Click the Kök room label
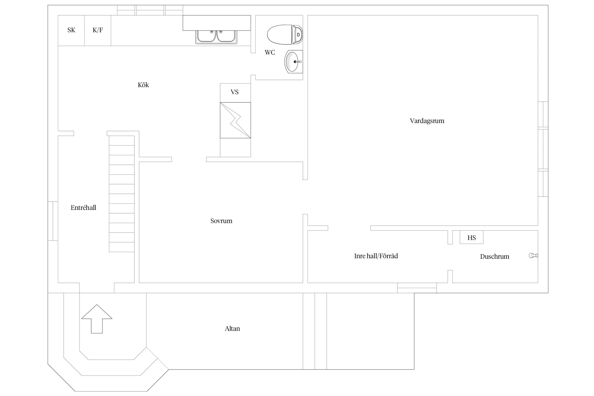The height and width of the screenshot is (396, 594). (143, 85)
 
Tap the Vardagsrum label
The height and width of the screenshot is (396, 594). (427, 121)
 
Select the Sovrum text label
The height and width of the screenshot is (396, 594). (221, 221)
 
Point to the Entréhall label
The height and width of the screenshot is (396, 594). (83, 208)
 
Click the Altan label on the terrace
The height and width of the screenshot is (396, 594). (232, 329)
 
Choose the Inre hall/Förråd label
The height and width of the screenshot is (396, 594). (376, 256)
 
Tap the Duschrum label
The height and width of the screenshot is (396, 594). (494, 257)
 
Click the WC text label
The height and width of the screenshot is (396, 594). (270, 53)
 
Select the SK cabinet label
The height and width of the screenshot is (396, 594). (71, 30)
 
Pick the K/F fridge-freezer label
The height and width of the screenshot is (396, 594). (98, 30)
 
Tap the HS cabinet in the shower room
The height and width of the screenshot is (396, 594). (472, 237)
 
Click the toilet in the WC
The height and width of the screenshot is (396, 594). (285, 35)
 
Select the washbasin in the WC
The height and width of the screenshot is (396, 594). (294, 62)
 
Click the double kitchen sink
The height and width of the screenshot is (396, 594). (216, 37)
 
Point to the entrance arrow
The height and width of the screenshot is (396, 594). (97, 319)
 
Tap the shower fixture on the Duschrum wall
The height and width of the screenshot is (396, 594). (533, 255)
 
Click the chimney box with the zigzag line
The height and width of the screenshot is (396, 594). (235, 120)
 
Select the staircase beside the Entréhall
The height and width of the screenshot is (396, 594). (122, 194)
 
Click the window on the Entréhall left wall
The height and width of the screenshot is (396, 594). (53, 221)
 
